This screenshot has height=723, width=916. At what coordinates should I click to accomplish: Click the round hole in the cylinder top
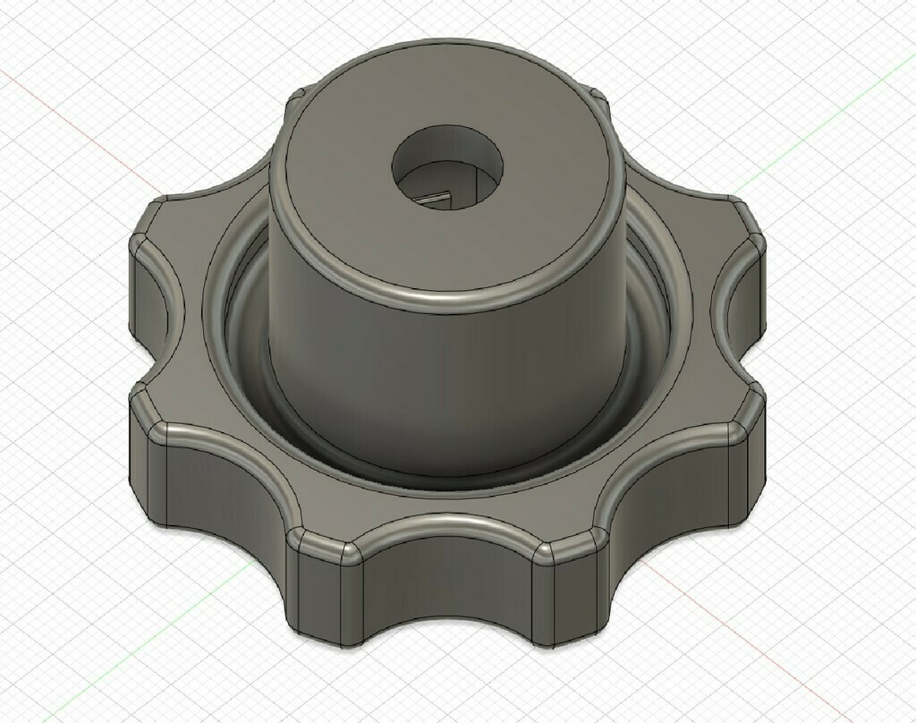(447, 166)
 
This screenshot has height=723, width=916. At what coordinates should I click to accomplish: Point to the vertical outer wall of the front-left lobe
(224, 488)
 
